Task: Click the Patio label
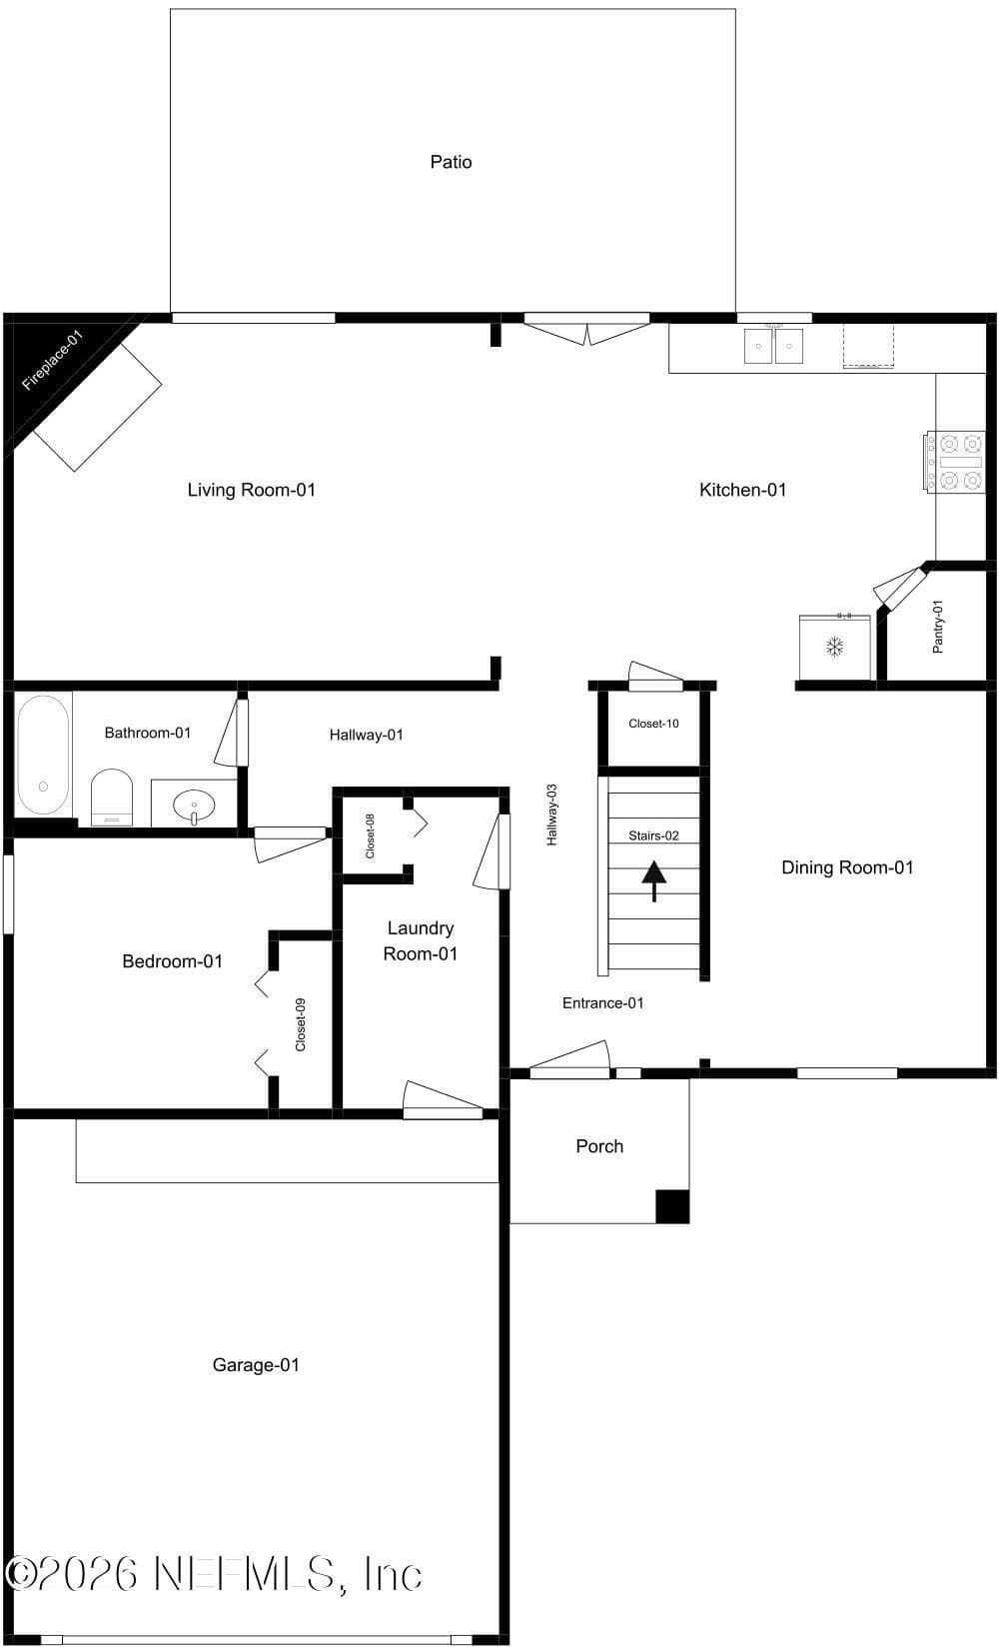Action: (451, 162)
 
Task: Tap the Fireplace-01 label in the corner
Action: (52, 360)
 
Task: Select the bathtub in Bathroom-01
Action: (43, 755)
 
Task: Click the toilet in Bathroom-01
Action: (112, 798)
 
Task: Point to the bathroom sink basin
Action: (194, 804)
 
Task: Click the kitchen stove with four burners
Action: (955, 462)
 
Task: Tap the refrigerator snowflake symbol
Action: (834, 647)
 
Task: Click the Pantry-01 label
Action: (937, 627)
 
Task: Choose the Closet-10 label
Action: (653, 724)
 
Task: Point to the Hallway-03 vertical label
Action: (551, 815)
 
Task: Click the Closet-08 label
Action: (370, 835)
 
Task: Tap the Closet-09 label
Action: (301, 1024)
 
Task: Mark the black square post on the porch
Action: (672, 1206)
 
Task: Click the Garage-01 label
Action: (256, 1365)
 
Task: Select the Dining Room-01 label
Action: (847, 867)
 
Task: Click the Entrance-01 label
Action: (602, 1002)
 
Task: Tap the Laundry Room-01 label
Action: (421, 940)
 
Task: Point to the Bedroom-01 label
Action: (172, 961)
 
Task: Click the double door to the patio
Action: (586, 329)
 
